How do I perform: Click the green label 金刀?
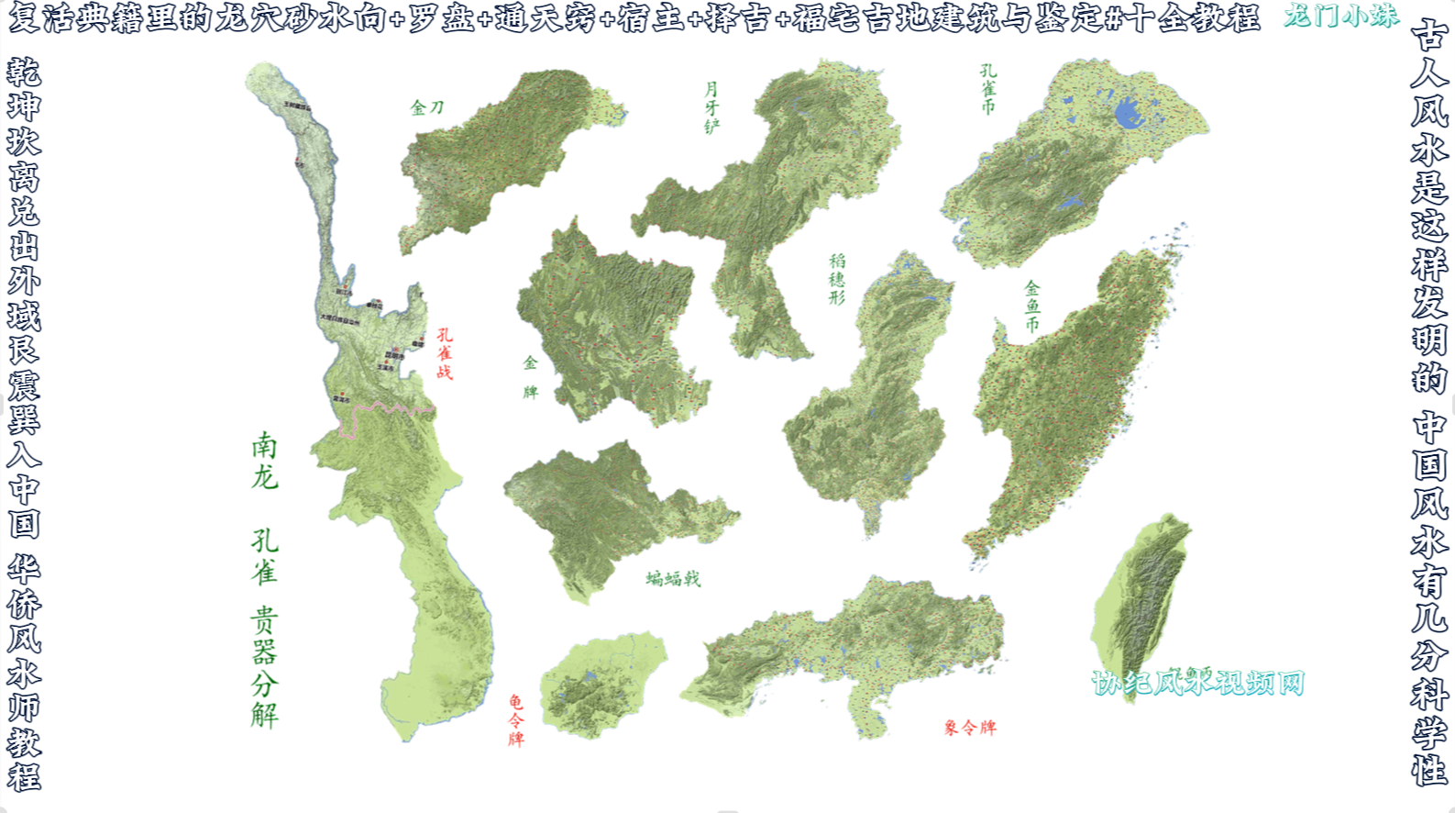[427, 108]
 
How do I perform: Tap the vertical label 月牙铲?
[711, 108]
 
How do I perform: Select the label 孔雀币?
[987, 89]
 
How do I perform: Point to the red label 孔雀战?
[445, 353]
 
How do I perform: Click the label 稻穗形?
[837, 280]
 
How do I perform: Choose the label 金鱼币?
[1032, 306]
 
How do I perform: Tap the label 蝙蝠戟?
[673, 578]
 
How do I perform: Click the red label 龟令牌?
[516, 720]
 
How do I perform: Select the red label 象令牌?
[970, 728]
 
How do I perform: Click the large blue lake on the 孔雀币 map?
[1127, 115]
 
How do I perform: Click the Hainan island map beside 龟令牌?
[601, 684]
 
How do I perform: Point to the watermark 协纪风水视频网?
[1197, 682]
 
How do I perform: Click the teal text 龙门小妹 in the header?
[1340, 16]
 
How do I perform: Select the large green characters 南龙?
[264, 462]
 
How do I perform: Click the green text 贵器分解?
[264, 667]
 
